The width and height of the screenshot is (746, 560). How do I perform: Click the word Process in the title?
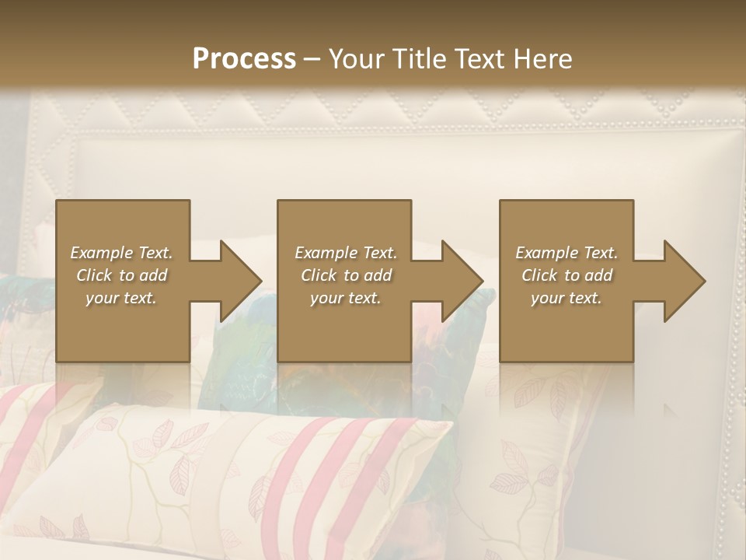coord(244,59)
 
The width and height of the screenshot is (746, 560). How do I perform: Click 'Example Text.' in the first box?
coord(122,253)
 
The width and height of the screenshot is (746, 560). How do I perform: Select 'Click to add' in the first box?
coord(122,275)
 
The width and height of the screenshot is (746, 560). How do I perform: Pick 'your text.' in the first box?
coord(122,298)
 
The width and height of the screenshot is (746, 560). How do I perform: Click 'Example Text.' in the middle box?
coord(346,253)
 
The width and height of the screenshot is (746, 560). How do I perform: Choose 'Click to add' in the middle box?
coord(346,275)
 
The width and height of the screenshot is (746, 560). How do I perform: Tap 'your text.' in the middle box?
coord(346,298)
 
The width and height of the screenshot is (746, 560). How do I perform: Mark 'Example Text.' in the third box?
coord(566,253)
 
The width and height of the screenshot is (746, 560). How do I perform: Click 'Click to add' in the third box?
coord(566,275)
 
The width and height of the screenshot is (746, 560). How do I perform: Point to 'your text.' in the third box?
coord(566,298)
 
